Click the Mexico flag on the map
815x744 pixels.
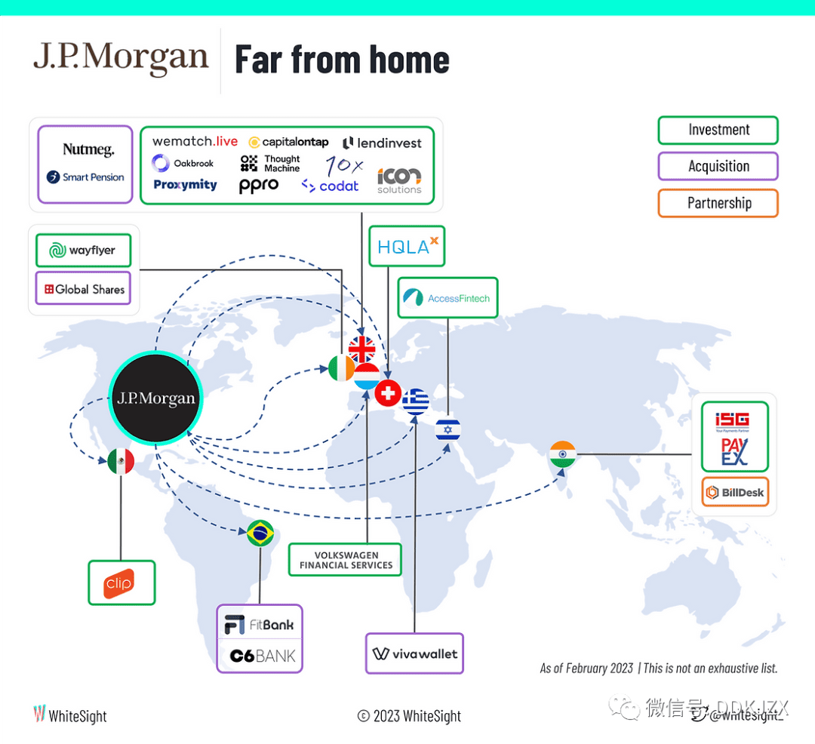tap(121, 461)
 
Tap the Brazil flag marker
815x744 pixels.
tap(260, 533)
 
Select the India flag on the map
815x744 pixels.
tap(562, 454)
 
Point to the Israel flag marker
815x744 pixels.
tap(448, 430)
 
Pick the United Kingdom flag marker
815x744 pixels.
tap(362, 349)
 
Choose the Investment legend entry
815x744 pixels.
tap(718, 130)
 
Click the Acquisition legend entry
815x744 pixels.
tap(718, 166)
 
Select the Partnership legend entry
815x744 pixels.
tap(718, 203)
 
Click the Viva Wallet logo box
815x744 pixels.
tap(414, 653)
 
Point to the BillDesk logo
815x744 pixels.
tap(734, 493)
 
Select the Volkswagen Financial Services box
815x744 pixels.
tap(346, 560)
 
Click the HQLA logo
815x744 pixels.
tap(407, 246)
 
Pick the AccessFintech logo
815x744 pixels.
tap(448, 298)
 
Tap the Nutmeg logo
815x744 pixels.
tap(88, 149)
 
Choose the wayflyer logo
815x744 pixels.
tap(83, 251)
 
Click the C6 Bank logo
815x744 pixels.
tap(262, 656)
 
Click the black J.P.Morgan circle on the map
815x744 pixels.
tap(155, 398)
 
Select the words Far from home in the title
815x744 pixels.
tap(342, 60)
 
